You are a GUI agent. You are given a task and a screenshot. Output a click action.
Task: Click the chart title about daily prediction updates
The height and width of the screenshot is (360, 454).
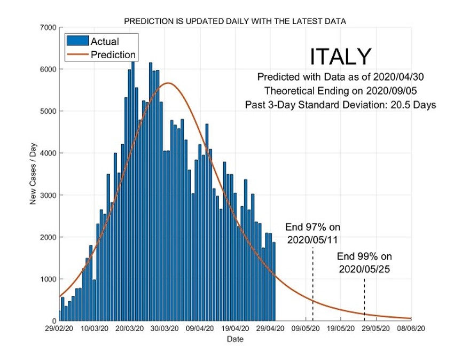point(235,21)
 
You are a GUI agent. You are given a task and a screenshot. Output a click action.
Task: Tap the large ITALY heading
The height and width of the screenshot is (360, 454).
point(340,57)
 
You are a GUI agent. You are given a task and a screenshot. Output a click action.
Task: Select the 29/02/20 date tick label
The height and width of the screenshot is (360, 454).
point(59,330)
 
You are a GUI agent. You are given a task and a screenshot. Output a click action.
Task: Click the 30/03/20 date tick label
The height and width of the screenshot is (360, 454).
point(165,330)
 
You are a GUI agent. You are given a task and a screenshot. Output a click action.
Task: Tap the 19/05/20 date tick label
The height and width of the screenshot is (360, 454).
point(341,330)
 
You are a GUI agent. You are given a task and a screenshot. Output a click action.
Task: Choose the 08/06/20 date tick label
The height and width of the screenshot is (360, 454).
point(411,330)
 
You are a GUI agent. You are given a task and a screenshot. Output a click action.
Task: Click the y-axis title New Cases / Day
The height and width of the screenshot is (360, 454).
point(33,174)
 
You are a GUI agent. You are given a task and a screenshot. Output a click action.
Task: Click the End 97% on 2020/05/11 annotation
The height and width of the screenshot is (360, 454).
point(312,233)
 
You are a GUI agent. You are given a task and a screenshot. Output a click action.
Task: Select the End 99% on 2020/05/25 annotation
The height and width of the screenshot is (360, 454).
point(364,262)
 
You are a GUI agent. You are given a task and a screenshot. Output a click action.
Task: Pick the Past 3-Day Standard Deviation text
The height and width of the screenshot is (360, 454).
point(341,105)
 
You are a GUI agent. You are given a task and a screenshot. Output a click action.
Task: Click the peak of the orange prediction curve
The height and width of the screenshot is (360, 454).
point(168,83)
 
